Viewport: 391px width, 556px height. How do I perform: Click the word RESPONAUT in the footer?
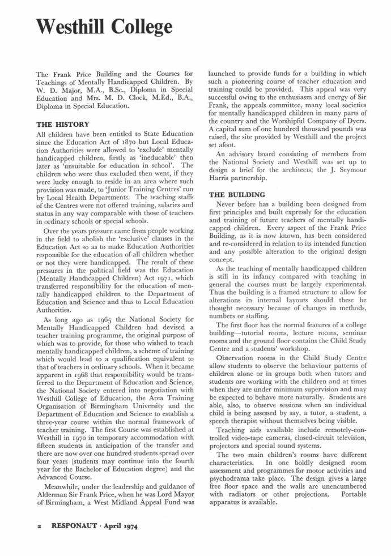(x=80, y=527)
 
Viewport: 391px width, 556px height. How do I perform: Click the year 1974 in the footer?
(x=130, y=527)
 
